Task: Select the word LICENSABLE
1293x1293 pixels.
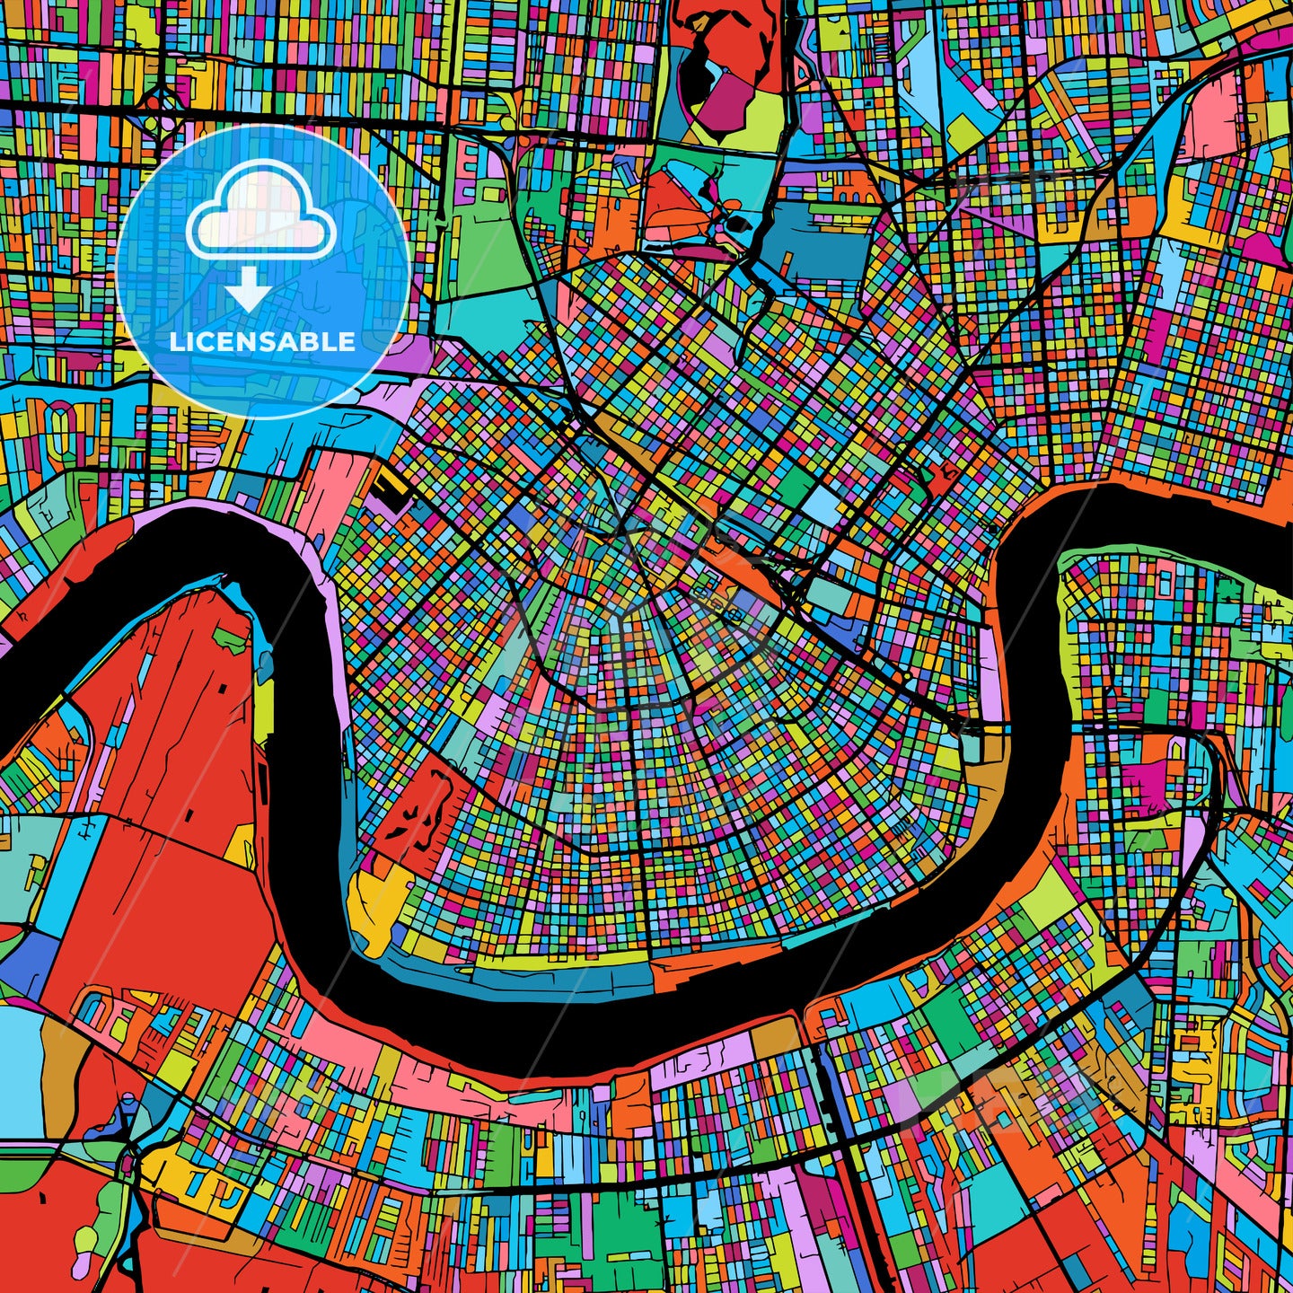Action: [262, 342]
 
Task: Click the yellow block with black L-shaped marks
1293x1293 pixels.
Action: [388, 486]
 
